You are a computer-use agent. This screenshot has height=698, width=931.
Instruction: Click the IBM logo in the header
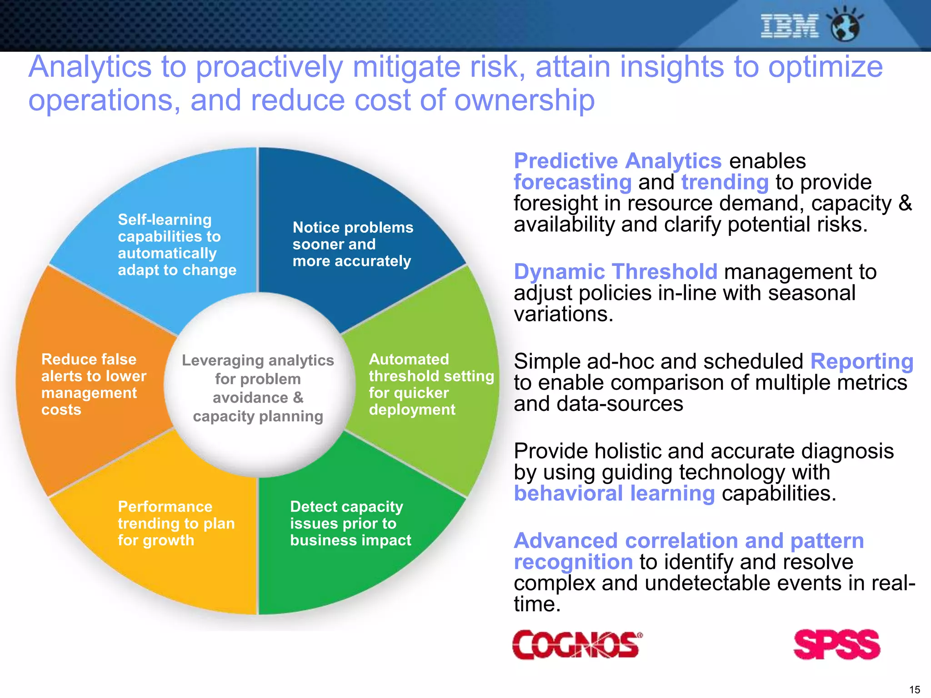789,26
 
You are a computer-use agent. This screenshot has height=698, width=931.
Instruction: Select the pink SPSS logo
836,644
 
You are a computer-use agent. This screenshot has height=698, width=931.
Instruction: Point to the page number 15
914,689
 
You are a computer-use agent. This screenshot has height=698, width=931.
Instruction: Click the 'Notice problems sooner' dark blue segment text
352,244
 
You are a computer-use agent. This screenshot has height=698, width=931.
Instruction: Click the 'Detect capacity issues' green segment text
350,523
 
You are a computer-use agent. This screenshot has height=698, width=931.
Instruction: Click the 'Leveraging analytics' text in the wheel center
258,388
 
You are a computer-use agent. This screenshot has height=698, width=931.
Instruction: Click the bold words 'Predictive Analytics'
617,161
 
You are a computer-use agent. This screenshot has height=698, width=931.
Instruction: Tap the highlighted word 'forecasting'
572,182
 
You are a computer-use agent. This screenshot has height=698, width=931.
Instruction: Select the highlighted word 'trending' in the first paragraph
725,182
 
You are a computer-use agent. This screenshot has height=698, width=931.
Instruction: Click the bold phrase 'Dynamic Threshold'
616,272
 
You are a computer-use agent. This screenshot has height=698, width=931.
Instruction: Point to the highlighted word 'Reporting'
861,361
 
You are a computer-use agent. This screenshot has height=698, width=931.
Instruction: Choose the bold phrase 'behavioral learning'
614,494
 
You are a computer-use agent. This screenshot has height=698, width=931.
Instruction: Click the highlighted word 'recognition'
573,562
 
